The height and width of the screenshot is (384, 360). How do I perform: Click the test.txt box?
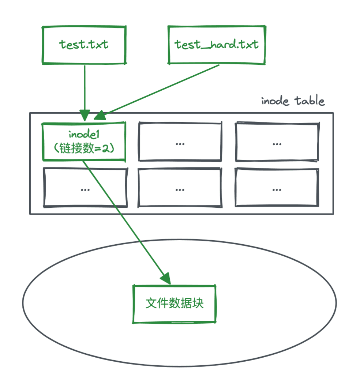(x=84, y=44)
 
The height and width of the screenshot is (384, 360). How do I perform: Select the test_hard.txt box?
(x=216, y=44)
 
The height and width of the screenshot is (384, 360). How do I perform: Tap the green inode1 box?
(x=84, y=141)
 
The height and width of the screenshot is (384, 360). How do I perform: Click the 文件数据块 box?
(x=174, y=304)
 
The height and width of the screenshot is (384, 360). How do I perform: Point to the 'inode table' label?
(x=293, y=101)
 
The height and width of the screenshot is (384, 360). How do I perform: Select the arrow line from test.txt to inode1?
(x=85, y=88)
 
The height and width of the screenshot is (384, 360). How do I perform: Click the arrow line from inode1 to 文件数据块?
(x=124, y=219)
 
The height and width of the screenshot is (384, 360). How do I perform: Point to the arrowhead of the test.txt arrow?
(x=85, y=116)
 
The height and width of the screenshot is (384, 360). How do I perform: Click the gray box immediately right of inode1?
(x=180, y=142)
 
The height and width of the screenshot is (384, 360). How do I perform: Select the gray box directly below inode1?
(x=85, y=187)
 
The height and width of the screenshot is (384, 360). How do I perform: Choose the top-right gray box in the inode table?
(x=276, y=142)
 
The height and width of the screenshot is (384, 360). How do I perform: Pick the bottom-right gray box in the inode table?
(x=276, y=187)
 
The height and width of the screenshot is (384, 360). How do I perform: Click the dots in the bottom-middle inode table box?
(x=180, y=189)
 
